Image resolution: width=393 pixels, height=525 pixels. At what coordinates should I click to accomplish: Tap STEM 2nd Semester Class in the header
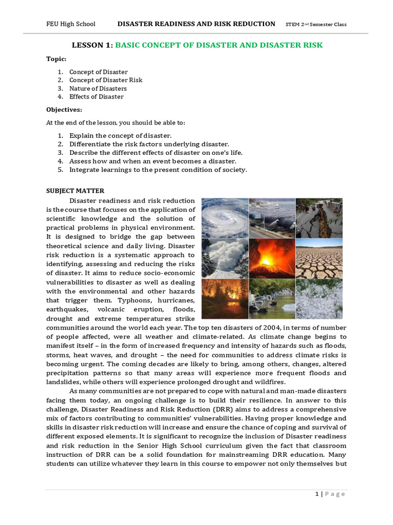[x=316, y=24]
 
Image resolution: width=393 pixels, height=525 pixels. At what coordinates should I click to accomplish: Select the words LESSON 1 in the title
[x=92, y=45]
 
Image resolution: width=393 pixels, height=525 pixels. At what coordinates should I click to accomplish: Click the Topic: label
[x=56, y=59]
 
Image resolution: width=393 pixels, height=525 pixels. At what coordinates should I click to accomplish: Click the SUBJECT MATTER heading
[x=75, y=191]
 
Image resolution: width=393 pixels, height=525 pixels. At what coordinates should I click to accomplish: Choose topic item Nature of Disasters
[x=98, y=89]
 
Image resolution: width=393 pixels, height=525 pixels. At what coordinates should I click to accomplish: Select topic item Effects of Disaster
[x=96, y=97]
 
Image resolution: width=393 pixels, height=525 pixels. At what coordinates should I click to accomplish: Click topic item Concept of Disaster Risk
[x=105, y=80]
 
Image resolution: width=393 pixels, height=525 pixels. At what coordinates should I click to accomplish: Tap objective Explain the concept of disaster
[x=121, y=136]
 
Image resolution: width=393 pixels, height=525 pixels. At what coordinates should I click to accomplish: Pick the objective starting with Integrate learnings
[x=158, y=170]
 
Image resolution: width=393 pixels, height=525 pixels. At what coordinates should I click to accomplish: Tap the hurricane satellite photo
[x=225, y=217]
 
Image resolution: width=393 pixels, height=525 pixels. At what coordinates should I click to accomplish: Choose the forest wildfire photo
[x=225, y=298]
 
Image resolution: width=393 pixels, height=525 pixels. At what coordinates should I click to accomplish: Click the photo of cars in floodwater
[x=272, y=298]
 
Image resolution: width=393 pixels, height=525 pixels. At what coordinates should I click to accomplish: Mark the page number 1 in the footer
[x=317, y=494]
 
